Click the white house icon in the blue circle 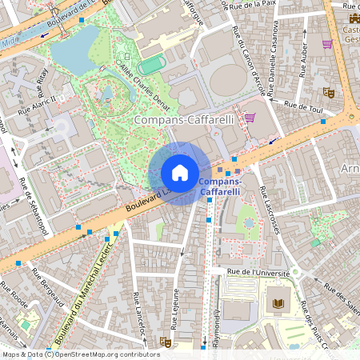point(180,173)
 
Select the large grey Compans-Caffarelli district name point(184,119)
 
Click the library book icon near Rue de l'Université point(278,303)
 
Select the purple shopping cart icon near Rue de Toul point(250,117)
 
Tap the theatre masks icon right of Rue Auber point(328,92)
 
